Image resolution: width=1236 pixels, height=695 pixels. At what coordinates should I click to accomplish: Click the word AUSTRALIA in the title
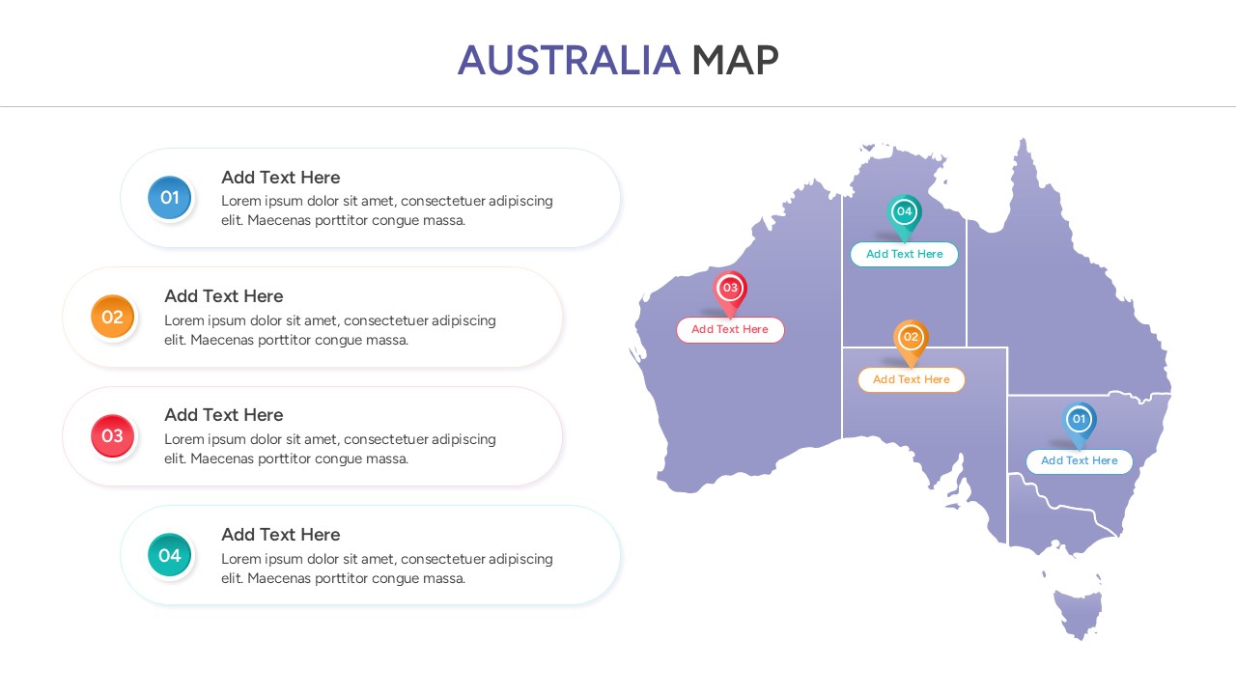[569, 61]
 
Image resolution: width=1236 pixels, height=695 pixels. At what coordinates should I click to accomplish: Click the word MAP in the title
[735, 61]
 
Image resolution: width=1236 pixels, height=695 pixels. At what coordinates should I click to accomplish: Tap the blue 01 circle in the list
[170, 198]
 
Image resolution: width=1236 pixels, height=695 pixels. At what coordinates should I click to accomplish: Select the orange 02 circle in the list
[113, 317]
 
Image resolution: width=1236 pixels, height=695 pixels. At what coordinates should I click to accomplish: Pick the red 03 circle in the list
[113, 435]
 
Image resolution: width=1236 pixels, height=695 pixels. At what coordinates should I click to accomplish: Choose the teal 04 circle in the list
[170, 555]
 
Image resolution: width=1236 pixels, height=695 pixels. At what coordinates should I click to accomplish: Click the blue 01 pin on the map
[1080, 421]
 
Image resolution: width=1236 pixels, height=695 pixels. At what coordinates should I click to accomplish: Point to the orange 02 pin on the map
[911, 339]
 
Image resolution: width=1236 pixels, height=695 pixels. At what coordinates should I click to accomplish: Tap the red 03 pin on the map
[730, 290]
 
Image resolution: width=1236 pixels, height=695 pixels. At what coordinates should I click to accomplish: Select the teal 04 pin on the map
[904, 213]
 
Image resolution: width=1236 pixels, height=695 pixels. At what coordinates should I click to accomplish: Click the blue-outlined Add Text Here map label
[1079, 461]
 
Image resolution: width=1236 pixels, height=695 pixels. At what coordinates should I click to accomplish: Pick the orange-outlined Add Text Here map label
[911, 380]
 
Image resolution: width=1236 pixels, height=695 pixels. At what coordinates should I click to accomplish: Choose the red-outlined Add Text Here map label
[730, 330]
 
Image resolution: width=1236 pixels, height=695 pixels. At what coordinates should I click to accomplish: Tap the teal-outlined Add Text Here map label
[904, 255]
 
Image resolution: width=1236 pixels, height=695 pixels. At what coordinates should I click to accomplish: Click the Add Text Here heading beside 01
[281, 178]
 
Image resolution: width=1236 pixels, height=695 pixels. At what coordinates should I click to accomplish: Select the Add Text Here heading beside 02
[224, 296]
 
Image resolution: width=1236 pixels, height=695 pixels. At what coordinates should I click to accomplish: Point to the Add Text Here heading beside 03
[224, 415]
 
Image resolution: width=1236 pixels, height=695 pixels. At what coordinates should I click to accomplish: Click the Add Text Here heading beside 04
[281, 535]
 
